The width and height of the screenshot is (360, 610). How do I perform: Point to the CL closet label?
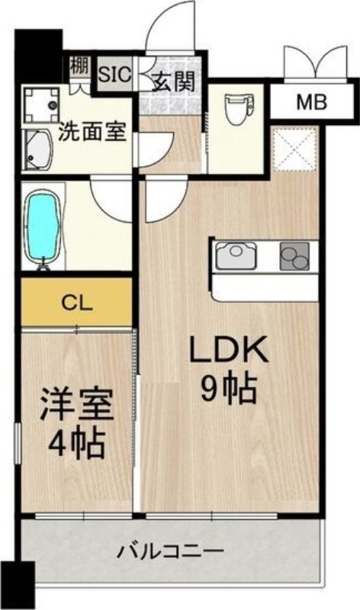tap(77, 303)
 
